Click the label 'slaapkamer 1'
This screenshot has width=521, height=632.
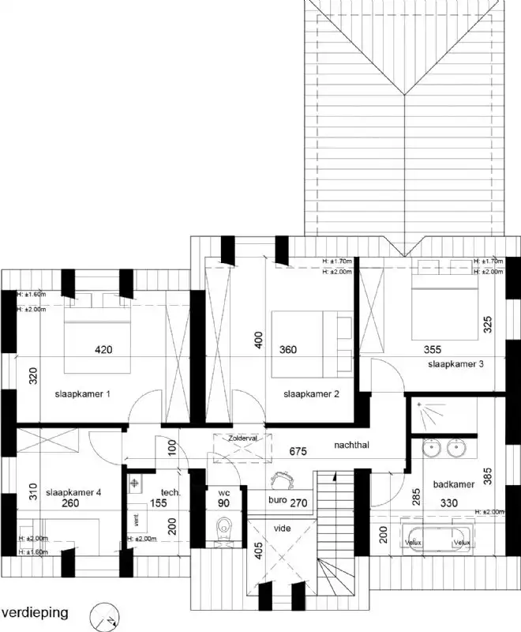click(x=82, y=393)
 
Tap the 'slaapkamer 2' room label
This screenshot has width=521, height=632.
click(x=311, y=393)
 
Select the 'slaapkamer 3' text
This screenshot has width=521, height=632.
click(x=455, y=364)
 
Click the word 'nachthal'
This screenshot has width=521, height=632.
click(x=351, y=445)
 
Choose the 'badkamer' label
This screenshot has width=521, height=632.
click(x=452, y=484)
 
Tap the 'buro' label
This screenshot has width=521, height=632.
click(x=276, y=502)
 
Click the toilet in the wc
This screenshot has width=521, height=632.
click(x=223, y=527)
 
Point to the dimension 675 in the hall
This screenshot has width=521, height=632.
click(x=298, y=452)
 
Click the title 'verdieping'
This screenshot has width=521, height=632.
click(x=35, y=612)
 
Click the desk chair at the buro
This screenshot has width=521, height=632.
click(x=280, y=479)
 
